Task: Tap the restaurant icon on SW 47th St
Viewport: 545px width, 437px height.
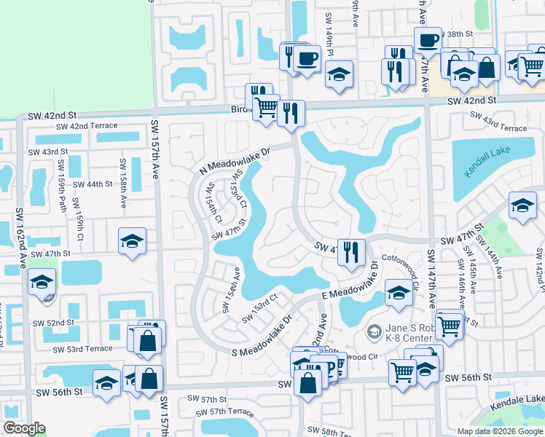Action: point(351,252)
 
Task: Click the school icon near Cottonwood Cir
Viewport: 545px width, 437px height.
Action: point(399,293)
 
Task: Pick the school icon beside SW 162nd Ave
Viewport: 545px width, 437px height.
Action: point(42,280)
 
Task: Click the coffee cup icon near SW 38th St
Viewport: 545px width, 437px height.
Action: point(428,40)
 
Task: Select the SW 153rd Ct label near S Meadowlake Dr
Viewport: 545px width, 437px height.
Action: point(261,307)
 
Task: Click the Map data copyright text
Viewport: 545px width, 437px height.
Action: point(500,431)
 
